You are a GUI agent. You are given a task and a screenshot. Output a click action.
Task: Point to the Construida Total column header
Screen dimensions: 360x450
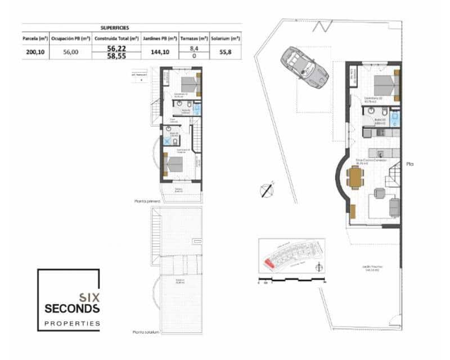tap(116, 39)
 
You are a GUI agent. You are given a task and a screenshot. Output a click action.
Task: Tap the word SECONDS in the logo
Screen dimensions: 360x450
tap(72, 309)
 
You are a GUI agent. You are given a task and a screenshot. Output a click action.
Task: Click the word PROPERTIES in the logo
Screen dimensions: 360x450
tap(72, 323)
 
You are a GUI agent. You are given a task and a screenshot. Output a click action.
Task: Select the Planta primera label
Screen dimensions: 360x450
tap(147, 201)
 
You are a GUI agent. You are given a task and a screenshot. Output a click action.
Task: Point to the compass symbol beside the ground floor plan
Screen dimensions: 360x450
tap(267, 190)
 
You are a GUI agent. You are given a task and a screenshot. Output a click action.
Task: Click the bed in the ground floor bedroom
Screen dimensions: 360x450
tap(387, 85)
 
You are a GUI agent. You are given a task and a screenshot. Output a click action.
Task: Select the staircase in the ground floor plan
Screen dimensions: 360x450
tap(392, 181)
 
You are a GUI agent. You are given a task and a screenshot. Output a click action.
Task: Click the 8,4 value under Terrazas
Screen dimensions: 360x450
tap(193, 49)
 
